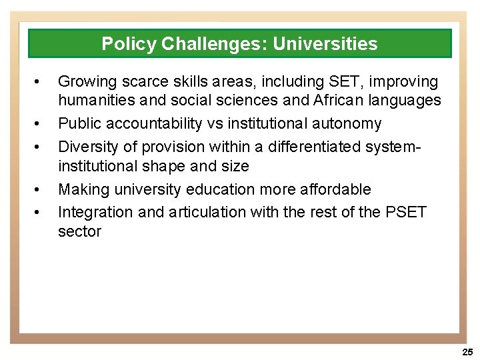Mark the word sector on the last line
(x=79, y=231)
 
